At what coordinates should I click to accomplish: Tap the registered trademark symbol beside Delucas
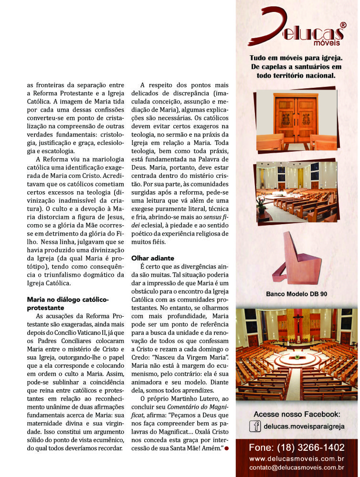342,24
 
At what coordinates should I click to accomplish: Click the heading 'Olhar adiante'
152,258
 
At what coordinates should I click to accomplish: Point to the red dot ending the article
226,448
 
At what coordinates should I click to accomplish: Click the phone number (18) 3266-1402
296,448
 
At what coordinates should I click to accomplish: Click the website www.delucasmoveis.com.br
296,459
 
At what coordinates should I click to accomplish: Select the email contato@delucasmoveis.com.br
296,467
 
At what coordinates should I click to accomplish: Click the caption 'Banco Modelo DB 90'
296,294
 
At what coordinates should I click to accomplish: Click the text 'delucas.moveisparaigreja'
303,426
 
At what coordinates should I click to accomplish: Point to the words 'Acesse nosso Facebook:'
296,414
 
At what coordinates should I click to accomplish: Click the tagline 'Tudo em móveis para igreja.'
296,58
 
